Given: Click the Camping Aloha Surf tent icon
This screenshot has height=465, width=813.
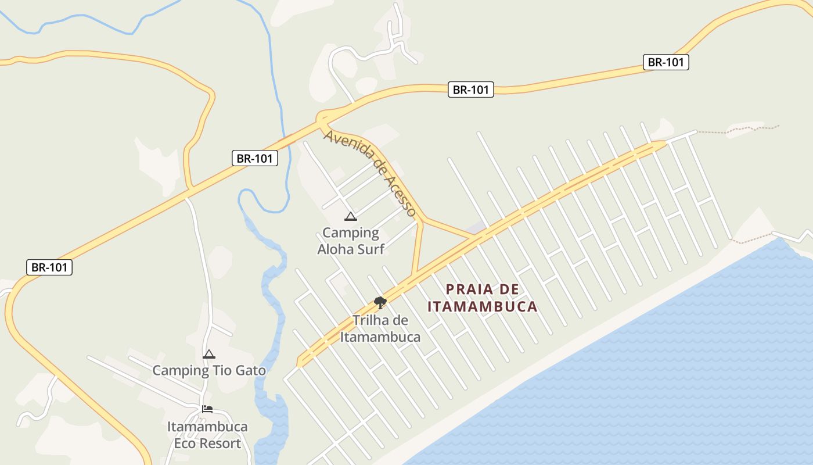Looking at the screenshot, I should tap(350, 217).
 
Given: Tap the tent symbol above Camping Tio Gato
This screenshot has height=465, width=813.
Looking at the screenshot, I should tap(208, 354).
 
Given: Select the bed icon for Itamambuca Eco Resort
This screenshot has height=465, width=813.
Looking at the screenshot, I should tap(207, 409).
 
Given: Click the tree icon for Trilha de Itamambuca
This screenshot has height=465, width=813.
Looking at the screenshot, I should tap(380, 302).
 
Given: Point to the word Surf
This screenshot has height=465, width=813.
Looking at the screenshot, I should tap(372, 249).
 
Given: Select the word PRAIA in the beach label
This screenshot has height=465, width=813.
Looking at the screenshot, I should tap(469, 289).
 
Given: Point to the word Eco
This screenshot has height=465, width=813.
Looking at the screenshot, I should tap(186, 443).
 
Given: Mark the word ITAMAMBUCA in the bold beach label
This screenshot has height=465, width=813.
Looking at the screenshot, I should tap(483, 306).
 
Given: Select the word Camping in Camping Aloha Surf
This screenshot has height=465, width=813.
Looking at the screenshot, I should tap(350, 233).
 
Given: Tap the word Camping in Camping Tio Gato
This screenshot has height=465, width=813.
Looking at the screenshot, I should tap(180, 370).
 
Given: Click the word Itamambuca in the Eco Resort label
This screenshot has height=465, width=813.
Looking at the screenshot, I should tap(207, 427).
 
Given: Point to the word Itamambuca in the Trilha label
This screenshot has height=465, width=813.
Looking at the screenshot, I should tap(380, 337).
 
